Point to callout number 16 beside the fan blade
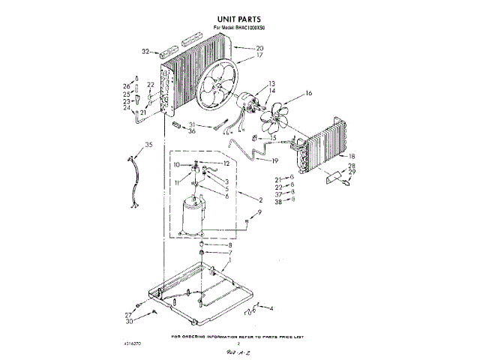coord(308,94)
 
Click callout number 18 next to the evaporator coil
coord(351,156)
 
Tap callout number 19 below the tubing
coord(274,161)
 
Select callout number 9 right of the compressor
coord(259,213)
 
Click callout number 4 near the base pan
coord(271,309)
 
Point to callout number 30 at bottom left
coord(129,322)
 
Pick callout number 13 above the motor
coord(271,83)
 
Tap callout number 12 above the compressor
coord(225,163)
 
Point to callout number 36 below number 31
coord(192,131)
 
